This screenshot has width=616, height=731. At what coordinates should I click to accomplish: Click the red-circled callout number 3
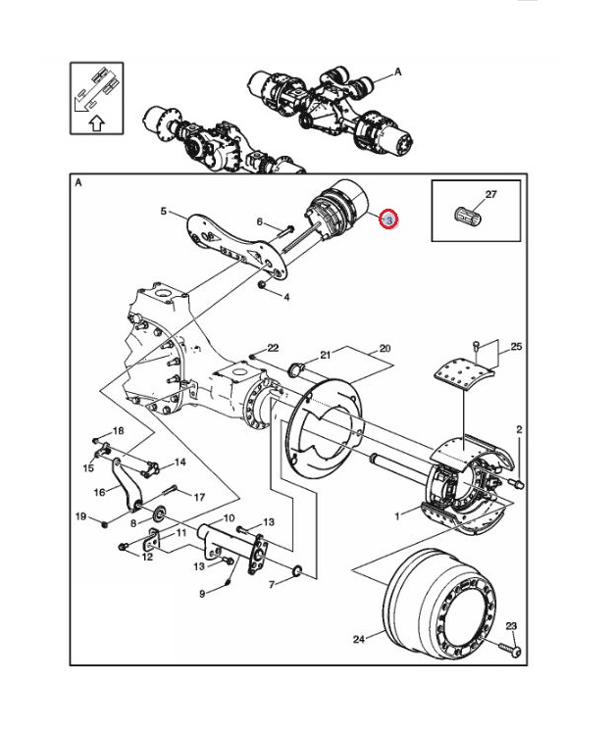388,220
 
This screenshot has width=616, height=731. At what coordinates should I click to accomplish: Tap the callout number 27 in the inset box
490,195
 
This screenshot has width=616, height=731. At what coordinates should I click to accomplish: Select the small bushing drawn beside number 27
468,214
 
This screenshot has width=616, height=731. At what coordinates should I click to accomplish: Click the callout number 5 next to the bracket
164,211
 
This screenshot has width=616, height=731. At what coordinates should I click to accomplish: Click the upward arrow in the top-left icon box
96,123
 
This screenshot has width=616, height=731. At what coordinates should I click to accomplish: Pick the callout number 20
385,348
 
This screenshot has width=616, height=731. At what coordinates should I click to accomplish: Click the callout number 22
273,348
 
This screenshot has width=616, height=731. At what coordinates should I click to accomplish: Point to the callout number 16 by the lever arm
99,493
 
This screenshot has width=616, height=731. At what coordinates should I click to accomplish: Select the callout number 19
81,516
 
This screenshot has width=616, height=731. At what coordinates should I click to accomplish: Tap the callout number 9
202,593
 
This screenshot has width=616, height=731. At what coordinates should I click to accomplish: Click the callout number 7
274,585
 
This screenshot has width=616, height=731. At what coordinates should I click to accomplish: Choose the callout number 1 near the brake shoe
397,514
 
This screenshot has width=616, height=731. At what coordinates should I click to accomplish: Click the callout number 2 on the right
519,430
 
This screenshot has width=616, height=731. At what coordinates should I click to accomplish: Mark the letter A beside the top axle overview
398,72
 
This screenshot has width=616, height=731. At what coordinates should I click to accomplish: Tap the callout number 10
228,518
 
